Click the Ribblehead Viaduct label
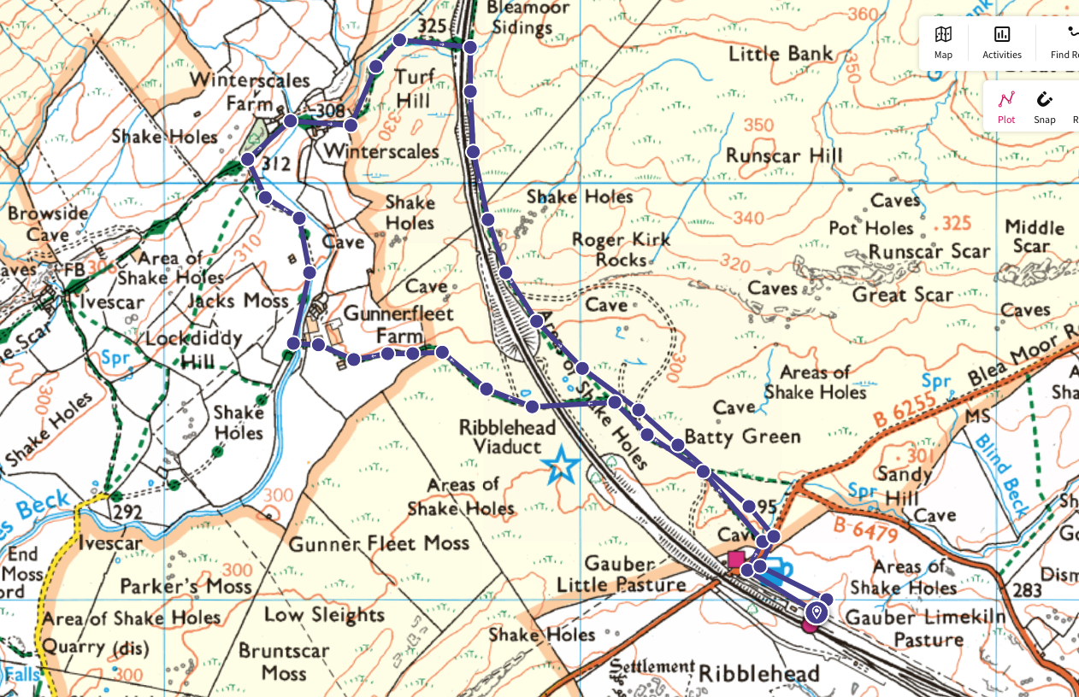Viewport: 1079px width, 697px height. (x=507, y=436)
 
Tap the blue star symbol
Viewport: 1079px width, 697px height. (x=562, y=466)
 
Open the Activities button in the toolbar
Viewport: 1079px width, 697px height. (x=1001, y=42)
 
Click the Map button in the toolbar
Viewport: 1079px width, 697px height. (x=943, y=42)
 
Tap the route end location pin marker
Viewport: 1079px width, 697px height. (x=817, y=612)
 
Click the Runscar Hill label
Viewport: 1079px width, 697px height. (x=784, y=155)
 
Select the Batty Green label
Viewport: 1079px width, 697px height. (x=742, y=436)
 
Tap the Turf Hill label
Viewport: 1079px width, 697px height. (x=415, y=89)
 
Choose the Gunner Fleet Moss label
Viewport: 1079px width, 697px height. (x=379, y=543)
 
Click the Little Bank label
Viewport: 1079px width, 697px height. (x=780, y=54)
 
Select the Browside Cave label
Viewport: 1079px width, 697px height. (x=47, y=224)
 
